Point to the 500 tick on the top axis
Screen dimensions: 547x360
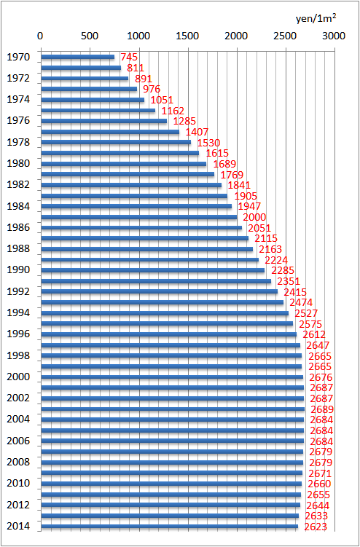tap(89, 35)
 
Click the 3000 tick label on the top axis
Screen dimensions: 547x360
tap(334, 35)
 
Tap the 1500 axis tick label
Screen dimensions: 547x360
tap(187, 35)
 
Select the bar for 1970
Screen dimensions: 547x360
tap(77, 57)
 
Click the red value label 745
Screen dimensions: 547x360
tap(129, 57)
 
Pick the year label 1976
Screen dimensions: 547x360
tap(18, 121)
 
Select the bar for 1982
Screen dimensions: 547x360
tap(131, 185)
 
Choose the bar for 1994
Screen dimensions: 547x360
tap(164, 313)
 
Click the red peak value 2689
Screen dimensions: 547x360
tap(321, 409)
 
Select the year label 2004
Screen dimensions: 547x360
tap(18, 420)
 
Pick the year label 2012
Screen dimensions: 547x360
tap(18, 505)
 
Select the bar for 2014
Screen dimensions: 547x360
tap(169, 527)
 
